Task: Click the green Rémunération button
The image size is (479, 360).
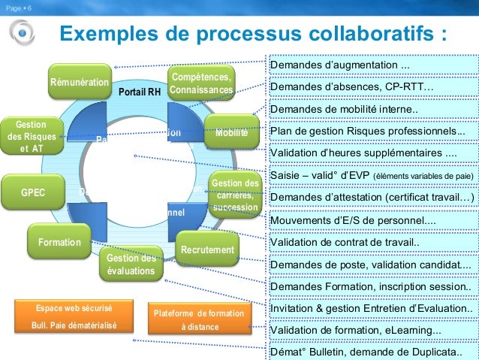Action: tap(79, 82)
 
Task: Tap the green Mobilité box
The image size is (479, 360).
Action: tap(231, 133)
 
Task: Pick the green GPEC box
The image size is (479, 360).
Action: tap(33, 192)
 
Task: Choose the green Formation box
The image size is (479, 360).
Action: tap(59, 243)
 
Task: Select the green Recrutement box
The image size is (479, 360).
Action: tap(207, 250)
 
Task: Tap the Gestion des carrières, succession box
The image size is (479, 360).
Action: tap(234, 195)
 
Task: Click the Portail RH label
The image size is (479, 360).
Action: tap(140, 92)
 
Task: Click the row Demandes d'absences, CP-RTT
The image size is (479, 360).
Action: tap(372, 88)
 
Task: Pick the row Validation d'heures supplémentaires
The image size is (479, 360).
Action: tap(372, 153)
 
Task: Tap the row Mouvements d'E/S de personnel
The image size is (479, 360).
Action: tap(372, 221)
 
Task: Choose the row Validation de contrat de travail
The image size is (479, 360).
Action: tap(372, 243)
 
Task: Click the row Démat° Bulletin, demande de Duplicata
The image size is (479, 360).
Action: tap(372, 352)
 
